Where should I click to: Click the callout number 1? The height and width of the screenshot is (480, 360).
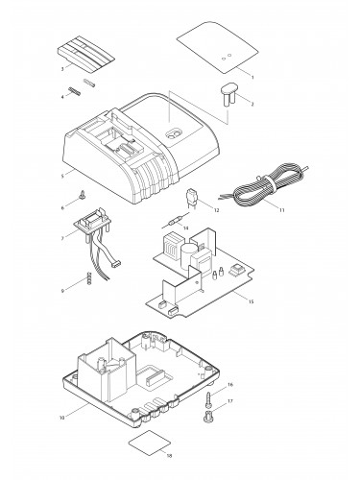tap(252, 77)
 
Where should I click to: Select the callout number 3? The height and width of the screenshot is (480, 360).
tap(62, 68)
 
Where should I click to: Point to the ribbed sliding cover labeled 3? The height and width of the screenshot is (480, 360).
tap(85, 54)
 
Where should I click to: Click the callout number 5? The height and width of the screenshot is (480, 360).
tap(62, 176)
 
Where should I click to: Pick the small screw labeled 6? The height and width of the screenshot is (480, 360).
tap(83, 195)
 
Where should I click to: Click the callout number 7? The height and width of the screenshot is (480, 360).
tap(62, 238)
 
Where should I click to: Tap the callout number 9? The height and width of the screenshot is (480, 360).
tap(62, 291)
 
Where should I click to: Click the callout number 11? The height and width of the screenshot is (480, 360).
tap(281, 210)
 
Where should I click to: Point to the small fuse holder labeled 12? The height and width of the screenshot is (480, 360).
tap(191, 199)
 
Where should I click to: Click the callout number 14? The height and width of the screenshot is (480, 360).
tap(185, 228)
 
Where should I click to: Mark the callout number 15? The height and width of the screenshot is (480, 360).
tap(251, 301)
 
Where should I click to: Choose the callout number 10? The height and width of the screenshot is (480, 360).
tap(62, 418)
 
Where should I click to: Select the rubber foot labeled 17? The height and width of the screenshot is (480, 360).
tap(208, 416)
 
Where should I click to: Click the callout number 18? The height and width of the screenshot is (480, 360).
tap(169, 455)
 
